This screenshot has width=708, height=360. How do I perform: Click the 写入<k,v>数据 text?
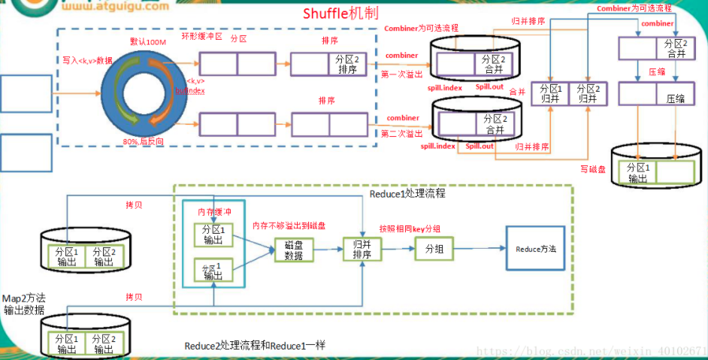point(87,60)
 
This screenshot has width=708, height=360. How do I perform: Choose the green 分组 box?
point(434,248)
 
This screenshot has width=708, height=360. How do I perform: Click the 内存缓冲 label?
point(214,211)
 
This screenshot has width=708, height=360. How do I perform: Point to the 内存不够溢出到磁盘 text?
point(288,225)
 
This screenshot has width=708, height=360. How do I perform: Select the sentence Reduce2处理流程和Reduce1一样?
point(255,345)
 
